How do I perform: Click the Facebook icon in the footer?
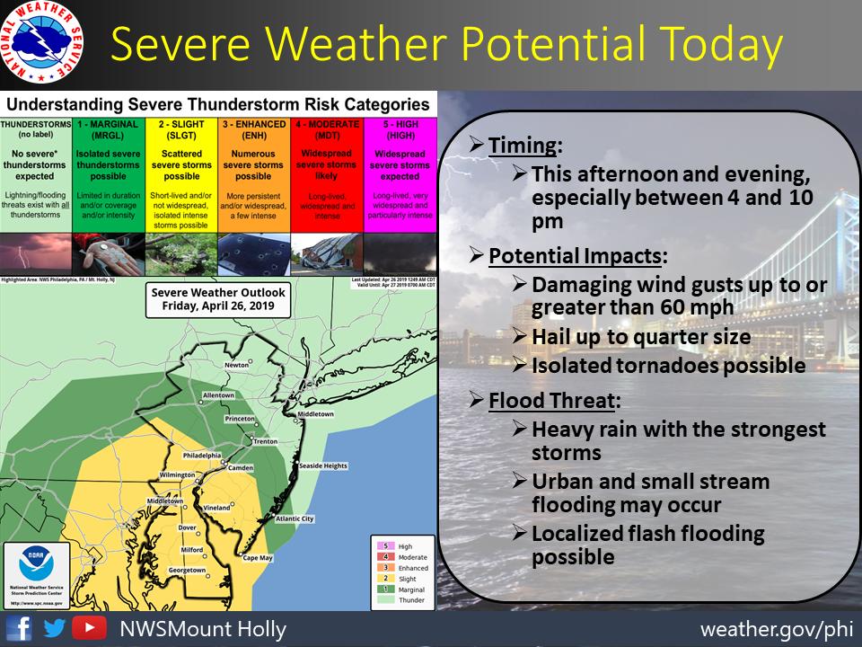[x=20, y=627]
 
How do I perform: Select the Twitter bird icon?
[x=53, y=627]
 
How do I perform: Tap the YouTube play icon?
[x=85, y=627]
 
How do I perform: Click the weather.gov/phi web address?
[x=777, y=627]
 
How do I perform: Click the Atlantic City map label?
[x=295, y=518]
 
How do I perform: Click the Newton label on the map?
[x=237, y=366]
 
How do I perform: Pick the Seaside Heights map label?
[x=322, y=465]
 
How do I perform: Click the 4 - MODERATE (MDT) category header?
[x=326, y=129]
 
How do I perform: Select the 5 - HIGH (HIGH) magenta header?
[x=400, y=129]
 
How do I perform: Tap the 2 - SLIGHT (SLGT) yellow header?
[x=180, y=129]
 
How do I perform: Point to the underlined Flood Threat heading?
[x=555, y=399]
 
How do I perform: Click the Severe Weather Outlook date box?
[x=219, y=298]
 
